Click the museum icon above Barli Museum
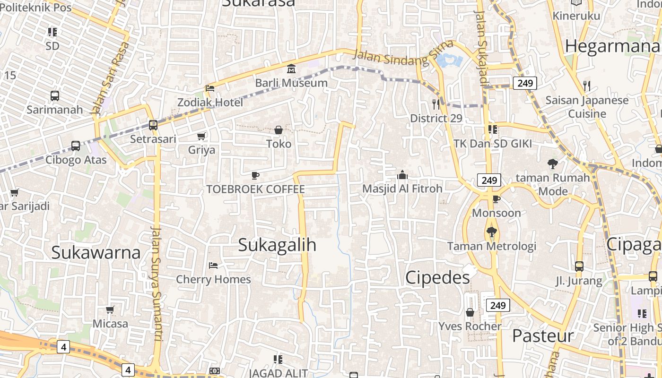pos(291,69)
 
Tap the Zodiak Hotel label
pos(210,102)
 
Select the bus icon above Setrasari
pos(153,125)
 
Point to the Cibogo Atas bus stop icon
pos(76,146)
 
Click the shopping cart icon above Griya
pos(201,137)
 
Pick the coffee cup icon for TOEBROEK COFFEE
pos(255,176)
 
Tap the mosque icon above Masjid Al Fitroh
pos(402,175)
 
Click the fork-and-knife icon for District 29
pos(436,104)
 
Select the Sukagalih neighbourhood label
pos(277,245)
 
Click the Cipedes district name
pos(437,277)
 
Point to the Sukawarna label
pos(96,252)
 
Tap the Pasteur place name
pos(543,336)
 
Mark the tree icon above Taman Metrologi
pos(492,232)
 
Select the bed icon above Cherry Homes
pos(213,266)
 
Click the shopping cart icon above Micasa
pos(110,310)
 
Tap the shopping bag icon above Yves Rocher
pos(470,312)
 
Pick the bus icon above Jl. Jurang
pos(579,266)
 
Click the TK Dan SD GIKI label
pos(493,144)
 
